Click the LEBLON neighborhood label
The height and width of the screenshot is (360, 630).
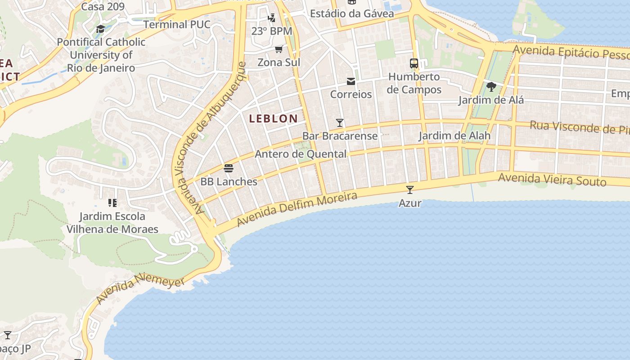[x=273, y=119]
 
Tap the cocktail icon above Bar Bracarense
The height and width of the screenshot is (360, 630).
[x=340, y=122]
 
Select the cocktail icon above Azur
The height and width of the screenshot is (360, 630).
[x=409, y=189]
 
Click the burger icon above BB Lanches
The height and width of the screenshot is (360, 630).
[x=229, y=169]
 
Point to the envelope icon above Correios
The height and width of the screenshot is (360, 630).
[x=351, y=81]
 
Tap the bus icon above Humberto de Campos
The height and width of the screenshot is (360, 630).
[x=414, y=63]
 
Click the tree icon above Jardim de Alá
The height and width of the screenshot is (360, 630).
[x=491, y=86]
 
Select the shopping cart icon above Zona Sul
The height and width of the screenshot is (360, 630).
[x=279, y=49]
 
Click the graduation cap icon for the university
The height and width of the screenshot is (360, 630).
[x=101, y=29]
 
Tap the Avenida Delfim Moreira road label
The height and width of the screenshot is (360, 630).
[x=297, y=209]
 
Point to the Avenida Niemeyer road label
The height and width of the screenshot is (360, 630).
[x=140, y=290]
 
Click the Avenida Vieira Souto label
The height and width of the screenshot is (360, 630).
[x=552, y=180]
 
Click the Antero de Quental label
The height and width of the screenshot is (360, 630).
[x=301, y=154]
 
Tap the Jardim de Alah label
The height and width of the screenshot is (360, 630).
[x=454, y=135]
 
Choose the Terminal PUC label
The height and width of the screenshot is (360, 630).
[x=177, y=24]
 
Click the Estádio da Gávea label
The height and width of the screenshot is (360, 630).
[x=352, y=13]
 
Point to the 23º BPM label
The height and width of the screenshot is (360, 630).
[x=271, y=31]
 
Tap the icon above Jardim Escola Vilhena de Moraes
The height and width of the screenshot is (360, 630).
[x=112, y=203]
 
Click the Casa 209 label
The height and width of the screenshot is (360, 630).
[x=103, y=6]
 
